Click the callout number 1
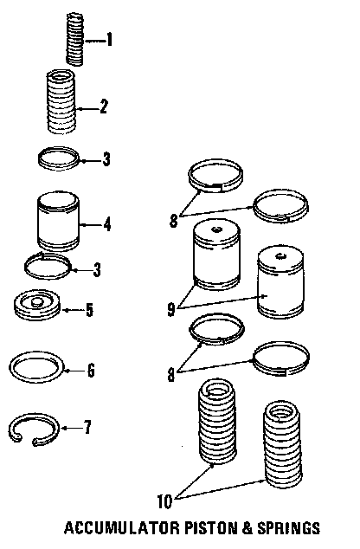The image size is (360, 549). click(x=109, y=40)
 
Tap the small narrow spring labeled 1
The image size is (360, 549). click(x=75, y=39)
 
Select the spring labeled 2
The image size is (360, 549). click(x=61, y=101)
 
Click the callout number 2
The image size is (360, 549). click(x=103, y=107)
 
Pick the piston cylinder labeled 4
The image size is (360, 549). click(x=58, y=221)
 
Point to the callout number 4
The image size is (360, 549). click(x=107, y=224)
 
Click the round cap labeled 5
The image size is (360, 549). click(x=37, y=304)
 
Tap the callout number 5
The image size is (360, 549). click(x=89, y=310)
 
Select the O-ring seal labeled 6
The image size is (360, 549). click(x=36, y=367)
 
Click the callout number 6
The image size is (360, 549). click(x=91, y=370)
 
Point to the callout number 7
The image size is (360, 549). click(x=87, y=428)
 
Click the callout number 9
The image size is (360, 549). click(x=171, y=309)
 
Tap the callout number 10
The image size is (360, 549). click(x=164, y=502)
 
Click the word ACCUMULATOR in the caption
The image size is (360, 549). click(x=122, y=528)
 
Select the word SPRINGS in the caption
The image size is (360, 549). click(x=289, y=528)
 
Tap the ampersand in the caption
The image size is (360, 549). click(x=247, y=528)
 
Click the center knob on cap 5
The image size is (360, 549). click(x=36, y=302)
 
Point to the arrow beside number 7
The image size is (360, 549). click(x=71, y=428)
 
